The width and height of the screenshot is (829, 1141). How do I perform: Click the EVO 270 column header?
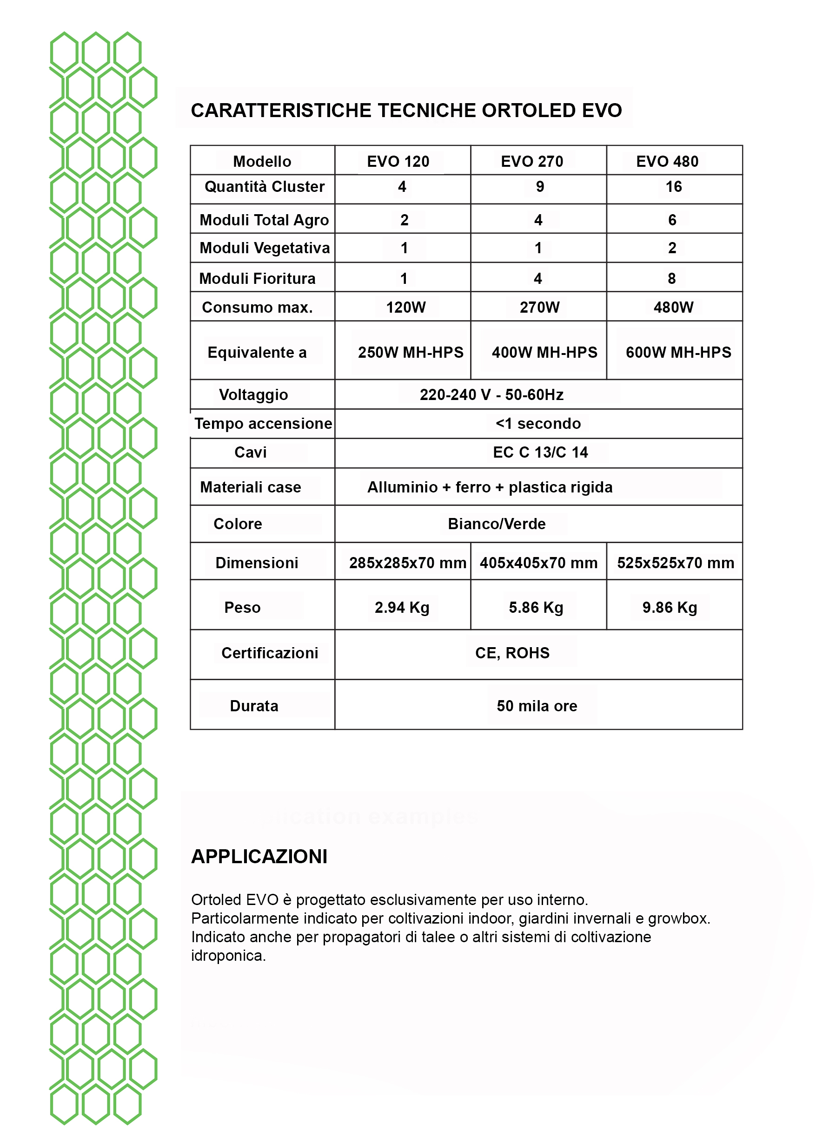click(532, 162)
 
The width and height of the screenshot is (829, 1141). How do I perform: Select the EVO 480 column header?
click(667, 162)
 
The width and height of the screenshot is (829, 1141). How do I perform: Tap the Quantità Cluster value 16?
click(673, 187)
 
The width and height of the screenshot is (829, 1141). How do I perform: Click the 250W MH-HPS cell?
click(410, 352)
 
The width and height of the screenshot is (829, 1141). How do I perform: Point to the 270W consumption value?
click(540, 307)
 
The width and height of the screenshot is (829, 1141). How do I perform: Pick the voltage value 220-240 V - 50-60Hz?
click(491, 394)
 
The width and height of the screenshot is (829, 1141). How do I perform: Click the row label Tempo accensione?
click(263, 424)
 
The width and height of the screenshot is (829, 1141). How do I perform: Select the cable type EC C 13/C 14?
click(540, 452)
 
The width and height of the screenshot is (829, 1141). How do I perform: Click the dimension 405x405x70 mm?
click(538, 563)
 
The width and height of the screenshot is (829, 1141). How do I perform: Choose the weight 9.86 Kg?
click(670, 607)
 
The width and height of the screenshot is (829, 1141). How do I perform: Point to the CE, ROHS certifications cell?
click(512, 653)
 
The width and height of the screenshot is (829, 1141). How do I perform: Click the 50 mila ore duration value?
click(537, 706)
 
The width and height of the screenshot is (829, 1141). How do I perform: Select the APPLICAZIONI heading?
click(259, 856)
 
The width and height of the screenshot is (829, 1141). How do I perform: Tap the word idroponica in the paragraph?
click(227, 955)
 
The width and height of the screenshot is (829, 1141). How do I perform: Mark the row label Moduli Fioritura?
click(257, 278)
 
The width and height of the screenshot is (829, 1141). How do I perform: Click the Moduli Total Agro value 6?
click(672, 220)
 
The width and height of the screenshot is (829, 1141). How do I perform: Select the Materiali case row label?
click(251, 487)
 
